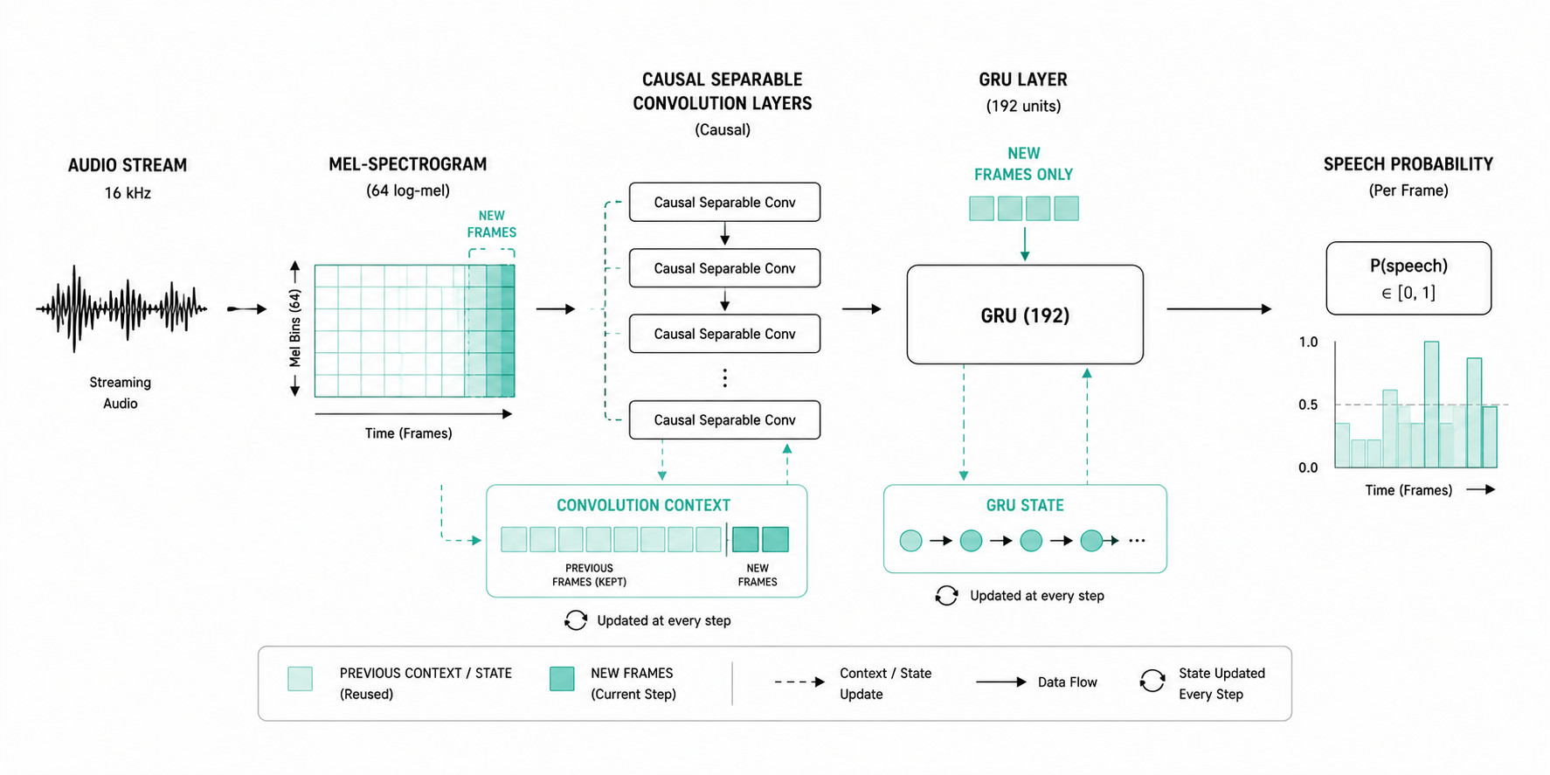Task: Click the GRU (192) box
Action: tap(1025, 315)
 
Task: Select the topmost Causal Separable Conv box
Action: tap(724, 202)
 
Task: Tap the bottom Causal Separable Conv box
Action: tap(724, 419)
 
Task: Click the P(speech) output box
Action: tap(1408, 278)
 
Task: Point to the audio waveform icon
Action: tap(121, 308)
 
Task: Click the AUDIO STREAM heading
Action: tap(128, 165)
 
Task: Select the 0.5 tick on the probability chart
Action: tap(1308, 405)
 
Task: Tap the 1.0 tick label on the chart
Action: tap(1308, 342)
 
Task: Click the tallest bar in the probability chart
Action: tap(1431, 405)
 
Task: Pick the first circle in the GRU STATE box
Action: tap(910, 541)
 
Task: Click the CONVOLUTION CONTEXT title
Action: tap(643, 505)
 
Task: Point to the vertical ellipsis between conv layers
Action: tap(724, 377)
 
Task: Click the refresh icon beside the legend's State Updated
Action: tap(1152, 681)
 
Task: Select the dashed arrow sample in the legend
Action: tap(799, 682)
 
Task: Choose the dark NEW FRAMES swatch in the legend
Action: tap(562, 679)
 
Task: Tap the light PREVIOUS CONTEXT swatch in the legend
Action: tap(300, 679)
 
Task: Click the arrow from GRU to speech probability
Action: tap(1219, 308)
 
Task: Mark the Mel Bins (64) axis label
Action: tap(295, 329)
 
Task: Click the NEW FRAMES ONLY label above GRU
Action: tap(1023, 163)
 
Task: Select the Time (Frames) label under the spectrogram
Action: tap(408, 433)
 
